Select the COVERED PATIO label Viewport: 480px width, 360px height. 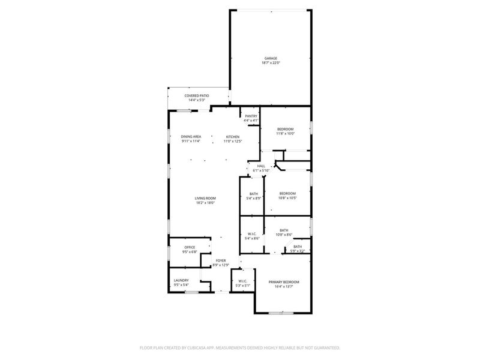tap(196, 96)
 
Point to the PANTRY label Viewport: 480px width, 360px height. tap(251, 116)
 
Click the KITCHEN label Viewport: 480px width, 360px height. tap(232, 137)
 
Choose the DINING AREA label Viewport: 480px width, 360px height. tap(191, 137)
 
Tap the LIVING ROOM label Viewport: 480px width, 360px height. tap(205, 198)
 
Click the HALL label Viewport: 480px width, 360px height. tap(261, 166)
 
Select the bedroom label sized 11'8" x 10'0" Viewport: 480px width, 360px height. tap(285, 130)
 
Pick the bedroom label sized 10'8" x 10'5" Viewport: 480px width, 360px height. tap(287, 193)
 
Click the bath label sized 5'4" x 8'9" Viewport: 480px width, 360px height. tap(253, 194)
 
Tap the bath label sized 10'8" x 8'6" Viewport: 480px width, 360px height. tap(284, 230)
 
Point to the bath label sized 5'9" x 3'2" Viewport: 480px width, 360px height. tap(298, 247)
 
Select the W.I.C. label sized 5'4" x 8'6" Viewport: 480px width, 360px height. tap(251, 235)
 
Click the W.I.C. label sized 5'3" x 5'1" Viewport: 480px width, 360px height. tap(242, 281)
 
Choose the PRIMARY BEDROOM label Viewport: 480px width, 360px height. tap(284, 282)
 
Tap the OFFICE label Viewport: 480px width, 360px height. tap(190, 247)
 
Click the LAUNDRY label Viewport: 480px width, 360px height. tap(181, 280)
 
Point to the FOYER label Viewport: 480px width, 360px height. tap(221, 260)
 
